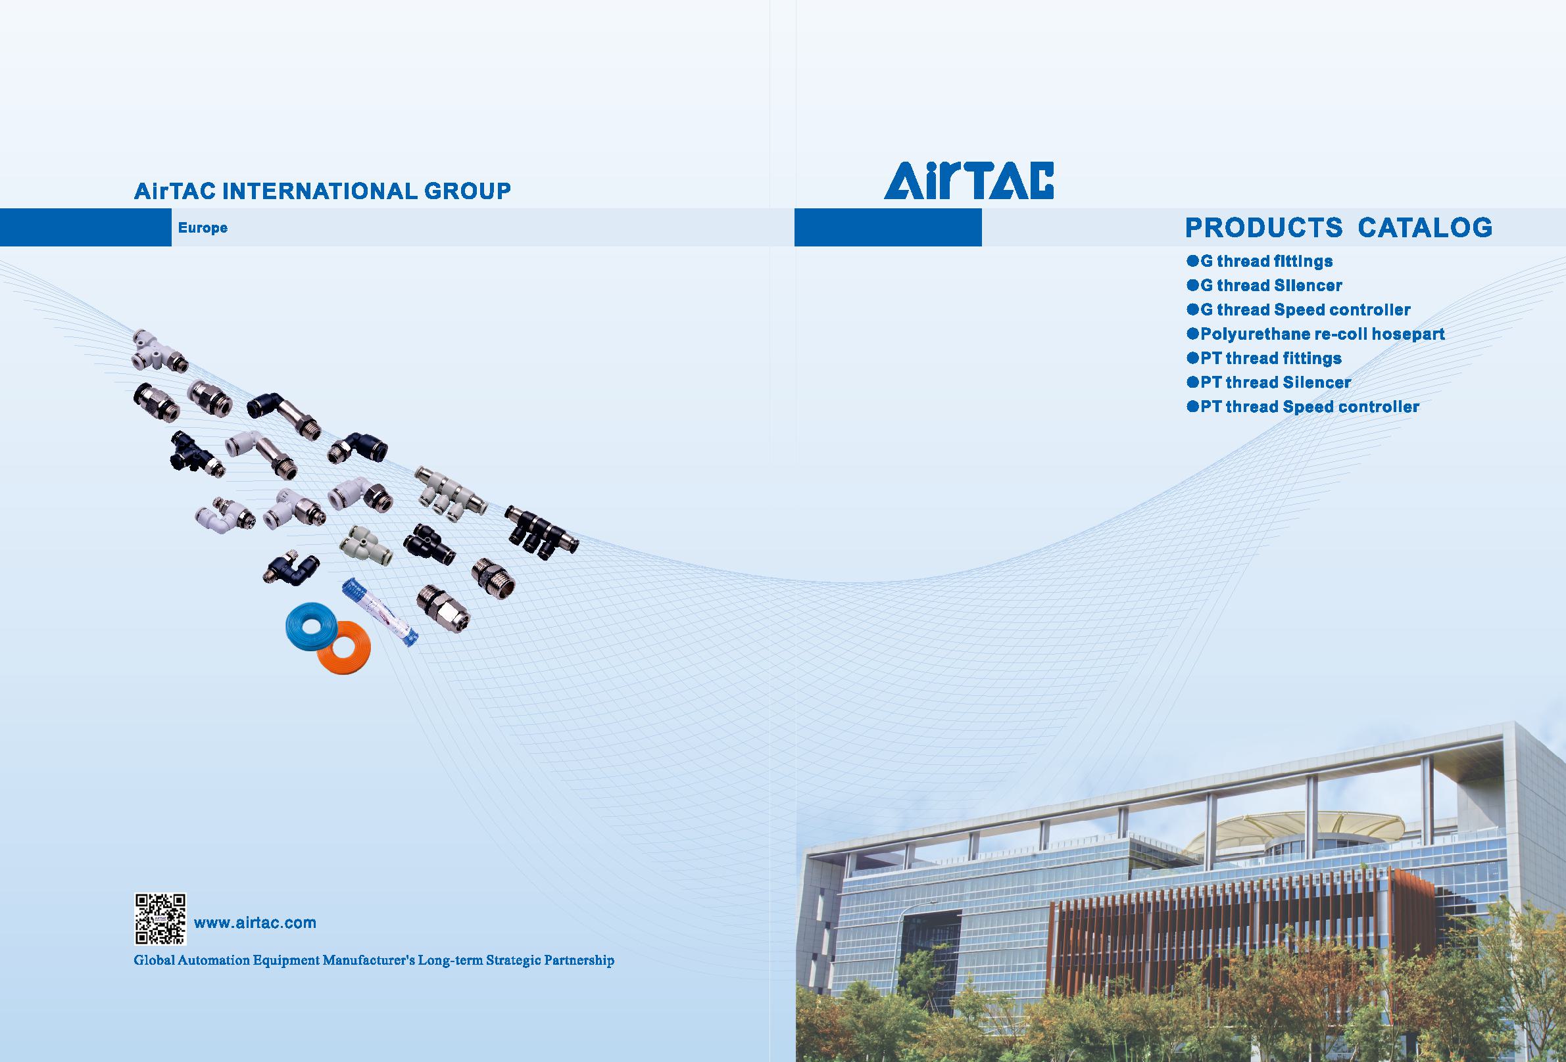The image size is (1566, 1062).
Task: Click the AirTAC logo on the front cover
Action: (x=969, y=181)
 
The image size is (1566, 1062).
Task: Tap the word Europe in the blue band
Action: (x=203, y=227)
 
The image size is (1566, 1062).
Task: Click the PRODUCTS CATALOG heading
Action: (x=1339, y=227)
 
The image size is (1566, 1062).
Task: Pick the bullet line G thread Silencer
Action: (x=1265, y=285)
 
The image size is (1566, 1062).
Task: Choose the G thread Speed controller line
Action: (x=1298, y=310)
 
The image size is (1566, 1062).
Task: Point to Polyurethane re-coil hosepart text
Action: (x=1315, y=334)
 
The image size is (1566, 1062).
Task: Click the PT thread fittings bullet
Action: (x=1264, y=358)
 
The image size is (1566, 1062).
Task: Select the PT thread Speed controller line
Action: (x=1303, y=407)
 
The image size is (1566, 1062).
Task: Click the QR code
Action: (x=160, y=919)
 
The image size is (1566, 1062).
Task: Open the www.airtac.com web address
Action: (x=255, y=923)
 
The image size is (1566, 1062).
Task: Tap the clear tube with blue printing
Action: (x=379, y=612)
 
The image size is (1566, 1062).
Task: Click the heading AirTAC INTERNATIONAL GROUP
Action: (x=322, y=191)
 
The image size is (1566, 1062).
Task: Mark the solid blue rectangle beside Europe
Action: (x=86, y=227)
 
